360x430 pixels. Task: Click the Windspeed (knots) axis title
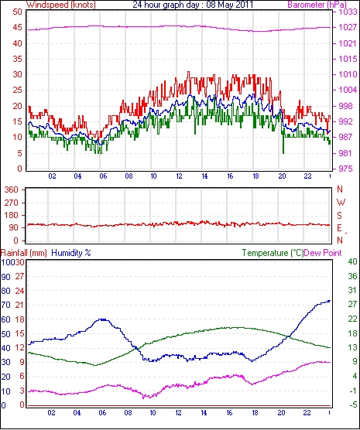click(61, 5)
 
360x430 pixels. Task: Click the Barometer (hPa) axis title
click(317, 5)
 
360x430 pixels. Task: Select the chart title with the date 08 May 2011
click(193, 5)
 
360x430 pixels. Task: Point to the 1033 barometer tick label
click(348, 12)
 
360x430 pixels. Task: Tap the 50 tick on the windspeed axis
click(17, 12)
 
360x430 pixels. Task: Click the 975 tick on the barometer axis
click(345, 169)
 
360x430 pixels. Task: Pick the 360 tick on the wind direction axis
click(12, 189)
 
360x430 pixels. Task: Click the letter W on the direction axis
click(341, 203)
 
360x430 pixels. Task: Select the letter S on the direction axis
click(340, 216)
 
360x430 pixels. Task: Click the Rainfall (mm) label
click(24, 253)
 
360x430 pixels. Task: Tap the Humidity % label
click(71, 253)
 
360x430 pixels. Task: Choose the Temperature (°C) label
click(273, 253)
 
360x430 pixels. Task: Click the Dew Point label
click(323, 253)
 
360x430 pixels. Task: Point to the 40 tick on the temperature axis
click(352, 261)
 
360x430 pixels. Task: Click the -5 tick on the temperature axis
click(352, 404)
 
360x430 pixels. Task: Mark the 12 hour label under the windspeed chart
click(179, 176)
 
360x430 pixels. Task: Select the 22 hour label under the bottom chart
click(307, 413)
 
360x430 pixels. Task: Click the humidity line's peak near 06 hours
click(102, 319)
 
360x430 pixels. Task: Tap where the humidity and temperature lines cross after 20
click(288, 336)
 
